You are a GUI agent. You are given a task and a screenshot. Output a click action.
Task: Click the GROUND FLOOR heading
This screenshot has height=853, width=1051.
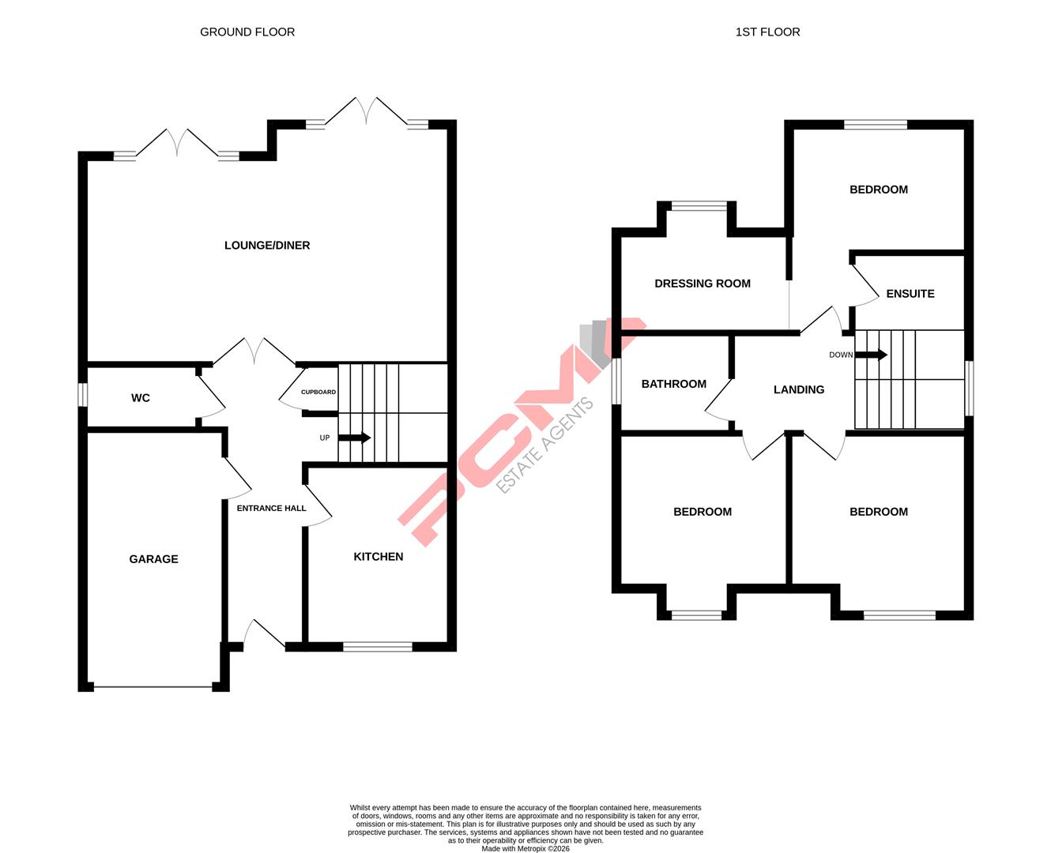[x=247, y=32]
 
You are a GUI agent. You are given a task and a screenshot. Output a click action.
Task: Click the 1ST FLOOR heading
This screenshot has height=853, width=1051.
[x=767, y=32]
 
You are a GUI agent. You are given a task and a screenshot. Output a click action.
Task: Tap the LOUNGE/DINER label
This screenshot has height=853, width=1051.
[x=267, y=246]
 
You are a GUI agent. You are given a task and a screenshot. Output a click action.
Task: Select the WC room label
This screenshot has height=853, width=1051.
[x=141, y=398]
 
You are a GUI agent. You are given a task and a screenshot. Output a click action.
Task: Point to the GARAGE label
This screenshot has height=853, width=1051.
[x=153, y=559]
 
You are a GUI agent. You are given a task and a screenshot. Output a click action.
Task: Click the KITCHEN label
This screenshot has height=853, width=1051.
[x=378, y=557]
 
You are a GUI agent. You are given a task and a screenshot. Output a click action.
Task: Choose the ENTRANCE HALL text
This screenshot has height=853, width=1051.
[x=271, y=508]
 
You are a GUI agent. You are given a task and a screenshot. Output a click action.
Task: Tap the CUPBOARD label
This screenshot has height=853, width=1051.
[x=318, y=392]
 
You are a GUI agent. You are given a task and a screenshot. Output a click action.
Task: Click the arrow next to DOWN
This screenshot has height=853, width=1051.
[x=871, y=355]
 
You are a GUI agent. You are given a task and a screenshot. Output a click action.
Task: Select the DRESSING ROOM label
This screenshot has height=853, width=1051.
[x=703, y=284]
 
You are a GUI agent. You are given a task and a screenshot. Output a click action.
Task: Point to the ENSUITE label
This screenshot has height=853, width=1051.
[x=910, y=294]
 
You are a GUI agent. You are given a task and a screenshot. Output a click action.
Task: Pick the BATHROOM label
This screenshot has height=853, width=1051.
[x=674, y=384]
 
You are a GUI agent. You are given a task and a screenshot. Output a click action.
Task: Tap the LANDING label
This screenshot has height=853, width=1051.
[x=799, y=389]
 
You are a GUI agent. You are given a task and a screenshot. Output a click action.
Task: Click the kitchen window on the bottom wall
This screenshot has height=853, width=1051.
[x=378, y=647]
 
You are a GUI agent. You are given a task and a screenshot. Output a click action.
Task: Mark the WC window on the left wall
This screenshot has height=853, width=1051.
[x=82, y=395]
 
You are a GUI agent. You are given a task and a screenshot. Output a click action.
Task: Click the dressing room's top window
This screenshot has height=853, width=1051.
[x=699, y=207]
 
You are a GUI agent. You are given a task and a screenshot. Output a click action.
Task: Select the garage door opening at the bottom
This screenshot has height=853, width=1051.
[x=153, y=687]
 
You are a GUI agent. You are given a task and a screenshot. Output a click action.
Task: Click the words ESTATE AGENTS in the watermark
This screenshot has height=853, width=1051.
[x=544, y=446]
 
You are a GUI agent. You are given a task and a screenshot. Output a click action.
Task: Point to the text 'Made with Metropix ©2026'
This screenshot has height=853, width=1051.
[x=525, y=848]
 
